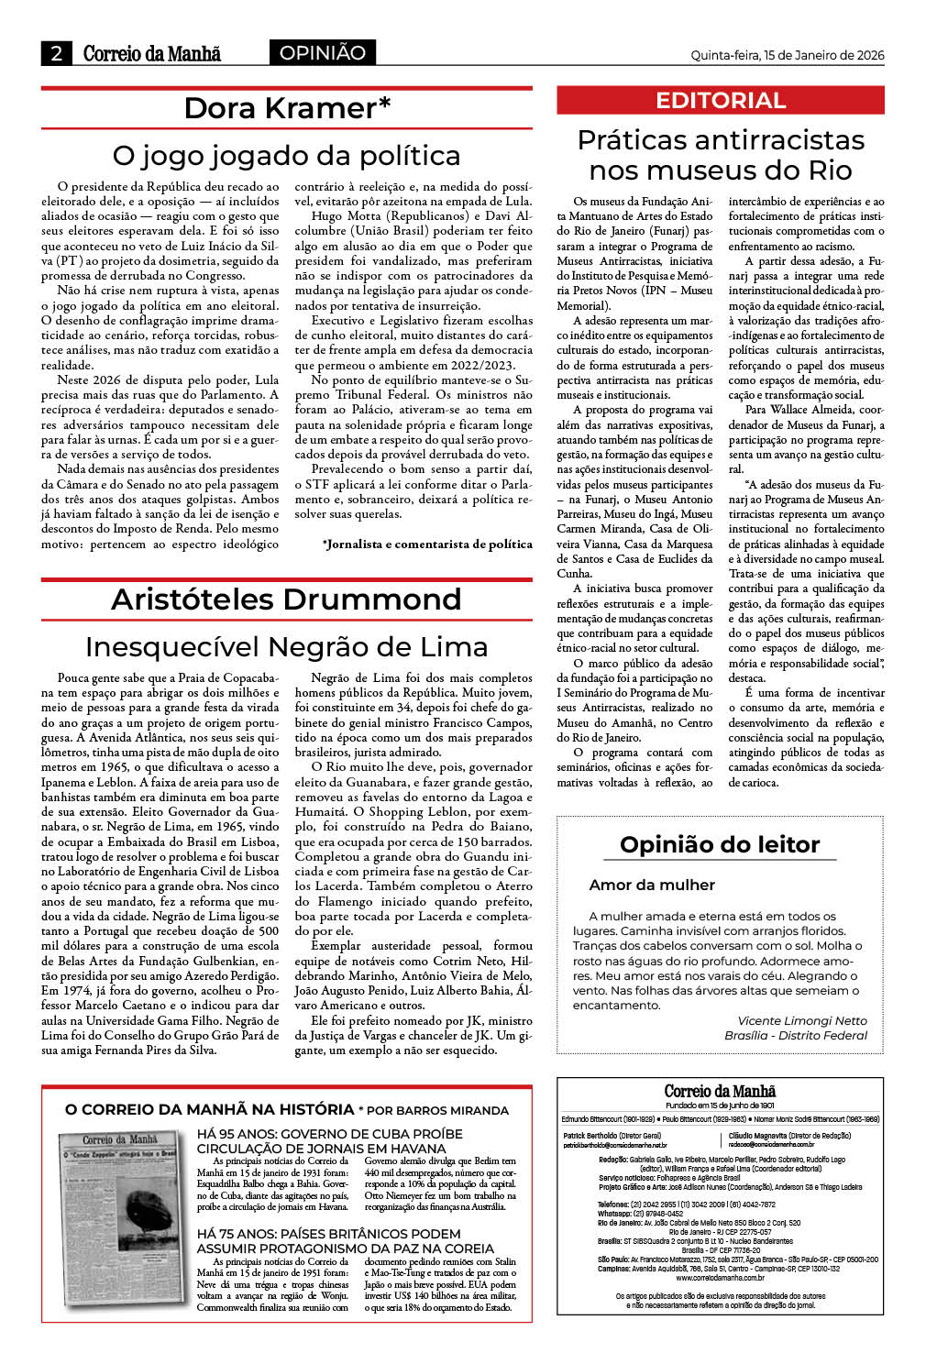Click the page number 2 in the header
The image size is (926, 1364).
56,53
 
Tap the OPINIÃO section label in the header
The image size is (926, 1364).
322,53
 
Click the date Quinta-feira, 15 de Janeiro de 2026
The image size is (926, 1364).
787,55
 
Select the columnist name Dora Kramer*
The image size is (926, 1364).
287,108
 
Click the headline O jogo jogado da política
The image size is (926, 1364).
286,155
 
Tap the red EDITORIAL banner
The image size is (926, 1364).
720,101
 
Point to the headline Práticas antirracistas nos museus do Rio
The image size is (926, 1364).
720,155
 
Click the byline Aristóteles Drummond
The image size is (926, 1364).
286,599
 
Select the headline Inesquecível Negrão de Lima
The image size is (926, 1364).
286,647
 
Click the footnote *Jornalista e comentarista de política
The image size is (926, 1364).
427,544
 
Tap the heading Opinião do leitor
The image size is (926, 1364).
720,844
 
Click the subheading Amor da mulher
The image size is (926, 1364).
652,885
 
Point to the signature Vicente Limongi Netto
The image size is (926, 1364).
801,1021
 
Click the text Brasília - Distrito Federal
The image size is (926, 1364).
795,1036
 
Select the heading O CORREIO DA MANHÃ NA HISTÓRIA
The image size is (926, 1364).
209,1110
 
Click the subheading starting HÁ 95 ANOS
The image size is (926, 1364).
330,1141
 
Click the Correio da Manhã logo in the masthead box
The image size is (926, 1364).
720,1092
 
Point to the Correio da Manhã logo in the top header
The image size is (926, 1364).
152,53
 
